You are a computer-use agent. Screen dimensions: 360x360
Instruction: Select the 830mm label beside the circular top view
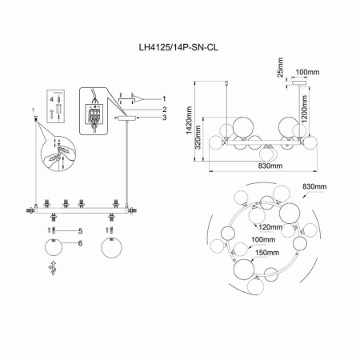[314, 187]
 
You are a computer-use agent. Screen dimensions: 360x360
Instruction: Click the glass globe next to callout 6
[52, 246]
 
